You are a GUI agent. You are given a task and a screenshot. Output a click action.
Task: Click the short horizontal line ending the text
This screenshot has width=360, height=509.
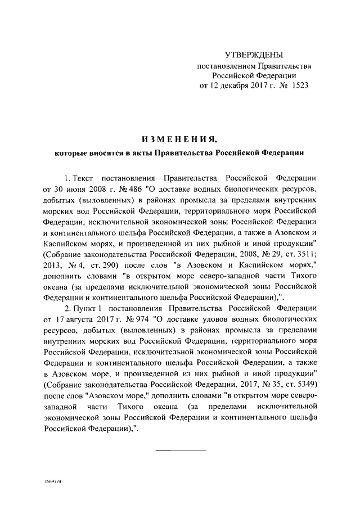[180, 451]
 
